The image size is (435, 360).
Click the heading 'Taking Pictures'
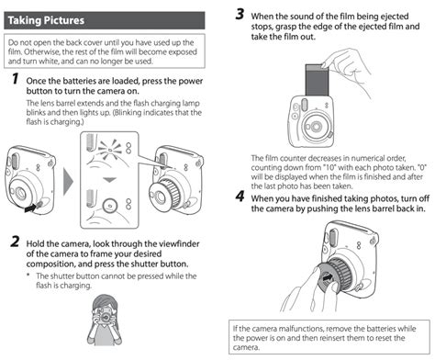point(46,20)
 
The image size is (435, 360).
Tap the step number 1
point(16,78)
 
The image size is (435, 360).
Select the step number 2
point(15,242)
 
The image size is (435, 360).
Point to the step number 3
point(240,14)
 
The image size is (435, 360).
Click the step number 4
point(240,197)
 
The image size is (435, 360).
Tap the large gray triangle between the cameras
point(68,182)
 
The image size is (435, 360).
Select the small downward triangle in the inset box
point(109,180)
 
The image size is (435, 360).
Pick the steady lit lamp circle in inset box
point(110,205)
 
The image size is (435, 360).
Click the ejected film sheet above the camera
point(317,80)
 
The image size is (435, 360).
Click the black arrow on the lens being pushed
point(328,278)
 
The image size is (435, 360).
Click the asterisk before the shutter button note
point(28,275)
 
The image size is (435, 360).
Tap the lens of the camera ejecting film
point(316,127)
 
